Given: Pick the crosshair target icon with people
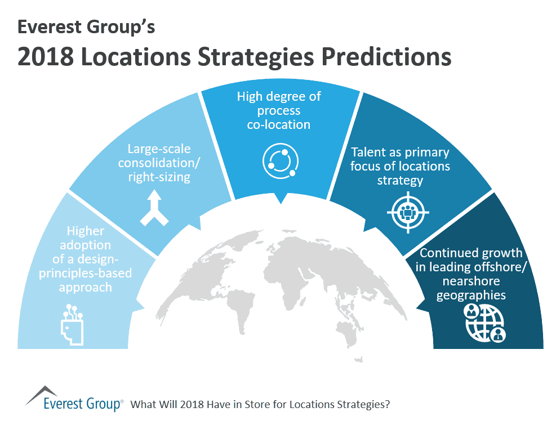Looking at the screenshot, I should (x=408, y=213).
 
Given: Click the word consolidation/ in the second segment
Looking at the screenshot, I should (x=159, y=164).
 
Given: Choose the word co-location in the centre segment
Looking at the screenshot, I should (x=278, y=124).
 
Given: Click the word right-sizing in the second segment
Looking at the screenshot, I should (x=159, y=178).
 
